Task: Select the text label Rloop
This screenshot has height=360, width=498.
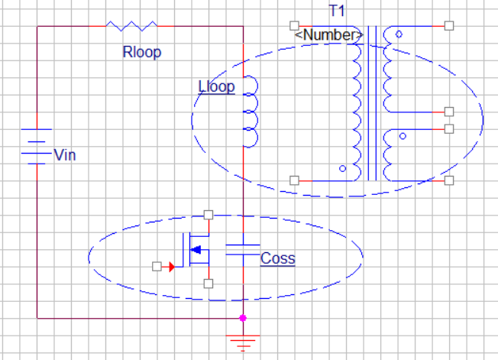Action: click(x=142, y=53)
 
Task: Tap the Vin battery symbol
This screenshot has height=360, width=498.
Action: click(x=36, y=145)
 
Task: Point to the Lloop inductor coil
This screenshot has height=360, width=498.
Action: click(x=249, y=112)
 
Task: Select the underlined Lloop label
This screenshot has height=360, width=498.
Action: click(x=216, y=86)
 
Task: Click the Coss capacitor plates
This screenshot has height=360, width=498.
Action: click(x=242, y=248)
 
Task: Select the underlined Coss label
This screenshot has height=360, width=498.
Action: click(x=277, y=258)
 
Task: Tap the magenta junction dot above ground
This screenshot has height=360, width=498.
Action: click(x=243, y=317)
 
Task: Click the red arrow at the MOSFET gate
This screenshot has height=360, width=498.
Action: click(x=171, y=266)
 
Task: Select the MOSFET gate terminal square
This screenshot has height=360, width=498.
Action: click(x=157, y=266)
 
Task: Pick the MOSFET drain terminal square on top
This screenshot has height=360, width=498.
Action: click(x=208, y=215)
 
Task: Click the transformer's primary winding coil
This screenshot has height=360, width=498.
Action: click(x=356, y=107)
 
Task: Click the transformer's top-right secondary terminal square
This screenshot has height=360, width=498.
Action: click(x=449, y=26)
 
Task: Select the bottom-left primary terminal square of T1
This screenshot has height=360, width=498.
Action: click(x=294, y=180)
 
